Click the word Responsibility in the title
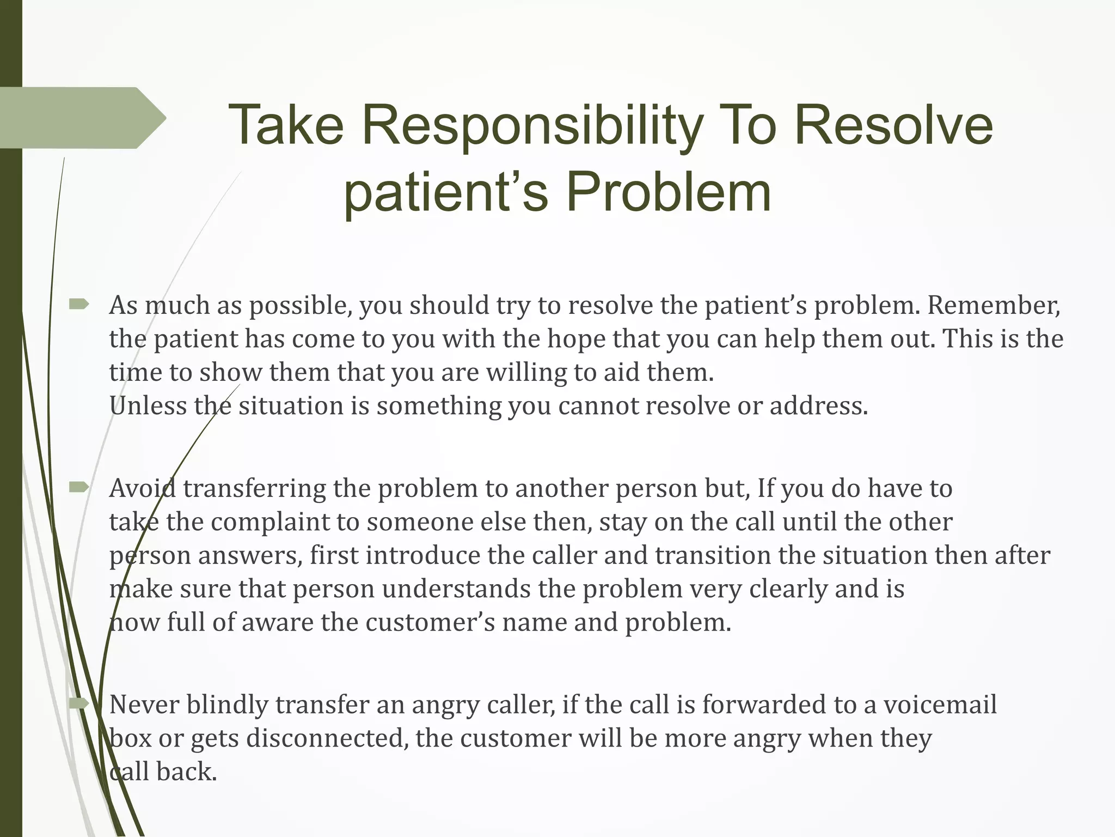click(x=531, y=126)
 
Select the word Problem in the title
click(x=669, y=192)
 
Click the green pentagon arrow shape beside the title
click(x=82, y=118)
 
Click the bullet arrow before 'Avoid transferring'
click(x=79, y=487)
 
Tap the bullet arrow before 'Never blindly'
click(x=79, y=704)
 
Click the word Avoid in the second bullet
click(x=142, y=488)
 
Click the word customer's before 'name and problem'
click(x=430, y=622)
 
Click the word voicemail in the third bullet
click(x=940, y=705)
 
